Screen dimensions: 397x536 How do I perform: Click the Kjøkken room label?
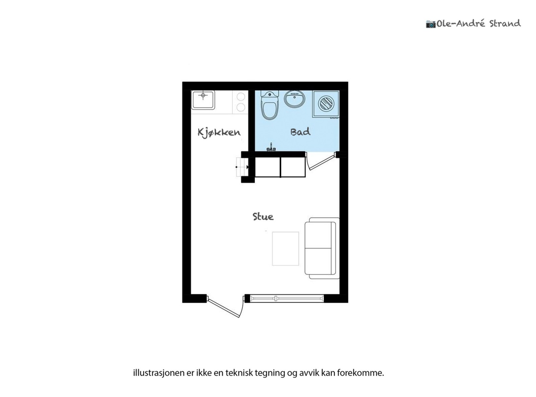point(219,132)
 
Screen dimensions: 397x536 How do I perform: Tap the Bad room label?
point(300,132)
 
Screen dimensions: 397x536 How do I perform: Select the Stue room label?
point(263,217)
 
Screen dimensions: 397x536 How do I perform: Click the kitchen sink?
point(203,100)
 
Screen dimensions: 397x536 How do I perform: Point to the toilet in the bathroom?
point(270,105)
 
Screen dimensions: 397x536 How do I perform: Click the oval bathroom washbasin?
point(294,99)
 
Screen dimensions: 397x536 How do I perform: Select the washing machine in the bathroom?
point(326,104)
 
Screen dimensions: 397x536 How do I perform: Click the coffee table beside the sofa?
point(285,248)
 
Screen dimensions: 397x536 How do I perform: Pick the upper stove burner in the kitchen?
point(241,97)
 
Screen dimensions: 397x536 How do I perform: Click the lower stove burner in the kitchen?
point(241,107)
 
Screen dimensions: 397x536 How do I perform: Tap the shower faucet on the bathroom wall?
point(271,148)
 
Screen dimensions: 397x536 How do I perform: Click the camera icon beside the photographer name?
point(430,24)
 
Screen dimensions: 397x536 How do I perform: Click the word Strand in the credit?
point(505,23)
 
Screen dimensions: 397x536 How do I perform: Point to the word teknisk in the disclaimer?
point(239,373)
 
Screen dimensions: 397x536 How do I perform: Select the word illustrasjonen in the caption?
point(159,373)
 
